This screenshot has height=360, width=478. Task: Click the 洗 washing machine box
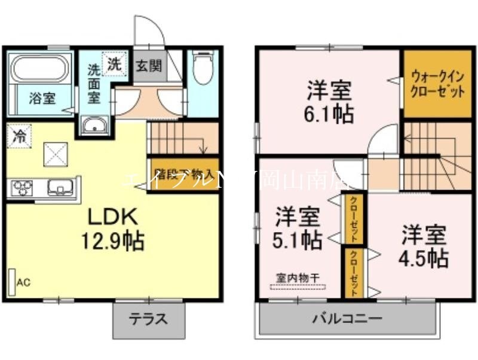114,64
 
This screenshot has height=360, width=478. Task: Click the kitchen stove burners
22,188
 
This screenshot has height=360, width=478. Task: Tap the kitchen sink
60,188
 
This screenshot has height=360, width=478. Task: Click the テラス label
148,319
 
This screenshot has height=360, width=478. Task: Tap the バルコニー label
347,319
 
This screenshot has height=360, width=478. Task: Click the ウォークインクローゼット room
437,84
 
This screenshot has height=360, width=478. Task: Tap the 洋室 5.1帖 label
298,228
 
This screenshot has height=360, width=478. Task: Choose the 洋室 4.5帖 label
424,245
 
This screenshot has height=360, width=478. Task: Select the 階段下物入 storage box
183,173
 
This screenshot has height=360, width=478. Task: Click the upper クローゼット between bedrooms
353,219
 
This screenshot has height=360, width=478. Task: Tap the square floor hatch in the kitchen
55,155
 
